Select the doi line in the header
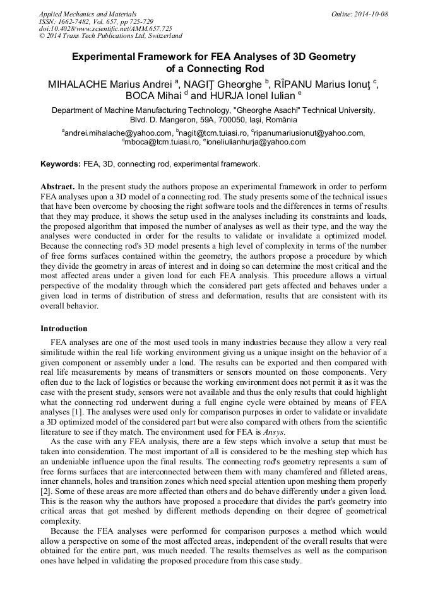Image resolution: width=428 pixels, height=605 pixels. click(105, 28)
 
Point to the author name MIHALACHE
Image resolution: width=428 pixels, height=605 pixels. click(80, 83)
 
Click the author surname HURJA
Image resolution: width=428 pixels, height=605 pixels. click(230, 96)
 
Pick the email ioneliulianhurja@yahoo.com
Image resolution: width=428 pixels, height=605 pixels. click(256, 142)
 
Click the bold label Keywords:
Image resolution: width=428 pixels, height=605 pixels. click(61, 164)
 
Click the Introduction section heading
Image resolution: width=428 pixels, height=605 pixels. click(64, 329)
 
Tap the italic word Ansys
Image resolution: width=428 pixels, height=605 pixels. click(273, 432)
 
